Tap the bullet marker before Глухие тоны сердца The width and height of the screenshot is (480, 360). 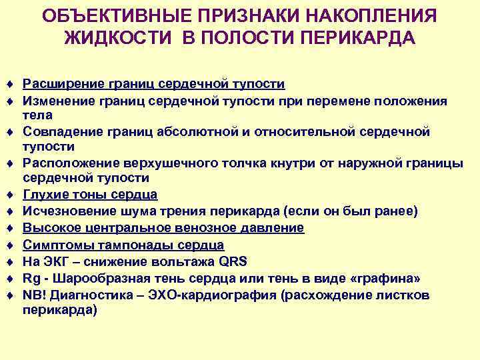11,195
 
